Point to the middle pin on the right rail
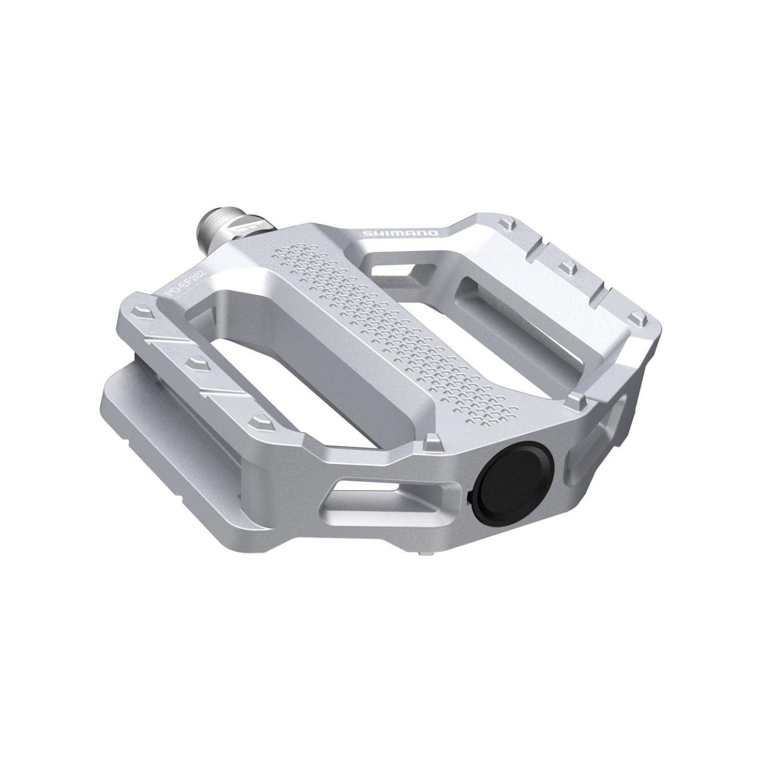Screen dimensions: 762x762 pyautogui.click(x=566, y=267)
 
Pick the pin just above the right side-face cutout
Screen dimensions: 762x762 pyautogui.click(x=576, y=400)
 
